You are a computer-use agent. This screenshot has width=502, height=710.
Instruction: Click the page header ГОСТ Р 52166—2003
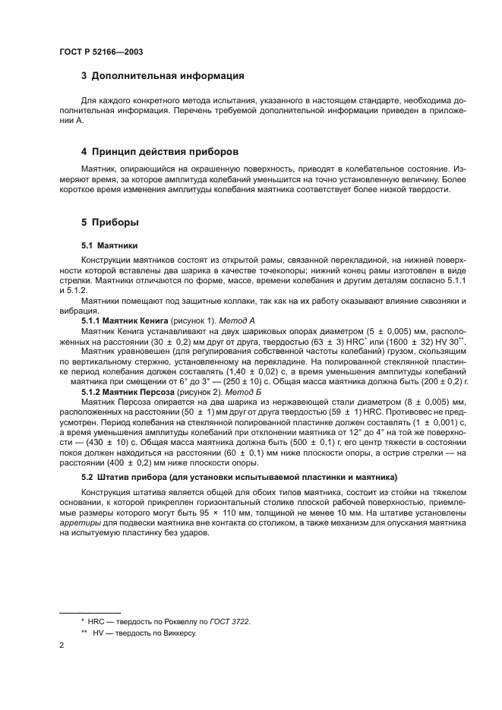(x=100, y=51)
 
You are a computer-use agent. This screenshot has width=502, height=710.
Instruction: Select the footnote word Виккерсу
(x=178, y=633)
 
